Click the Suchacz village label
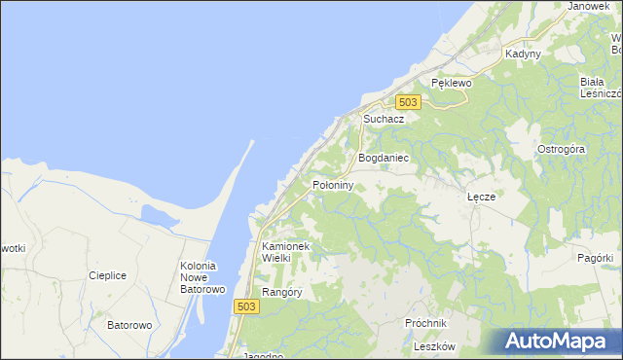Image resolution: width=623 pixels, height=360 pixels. point(384,119)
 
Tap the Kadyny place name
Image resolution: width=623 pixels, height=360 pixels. point(523,54)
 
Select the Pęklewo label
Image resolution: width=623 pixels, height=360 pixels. point(452,84)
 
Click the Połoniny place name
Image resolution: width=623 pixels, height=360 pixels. point(332,184)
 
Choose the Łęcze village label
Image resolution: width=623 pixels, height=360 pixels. point(482,196)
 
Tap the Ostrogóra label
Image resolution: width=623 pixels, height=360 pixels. point(561,149)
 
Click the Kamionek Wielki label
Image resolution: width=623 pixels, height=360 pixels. point(285,253)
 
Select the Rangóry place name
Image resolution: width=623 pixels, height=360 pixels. point(282,292)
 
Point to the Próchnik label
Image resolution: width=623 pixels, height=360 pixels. point(425,323)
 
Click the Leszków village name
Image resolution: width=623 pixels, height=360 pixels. point(434,346)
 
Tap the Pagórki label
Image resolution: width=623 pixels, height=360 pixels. point(595,258)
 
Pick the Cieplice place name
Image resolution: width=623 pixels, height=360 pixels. point(107,275)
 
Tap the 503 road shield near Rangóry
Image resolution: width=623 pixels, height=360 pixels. point(247,306)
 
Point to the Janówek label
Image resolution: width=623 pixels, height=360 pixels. point(588,6)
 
